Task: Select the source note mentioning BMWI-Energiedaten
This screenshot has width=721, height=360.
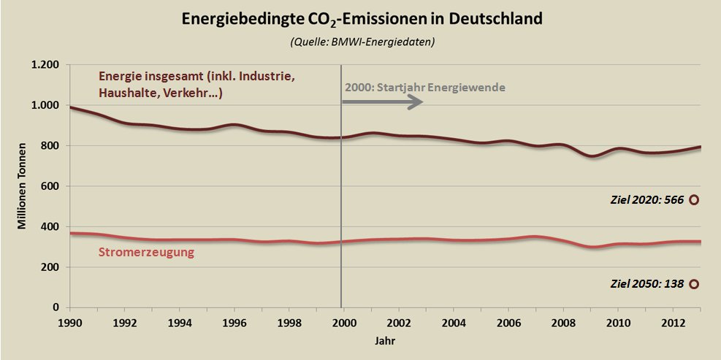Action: (362, 42)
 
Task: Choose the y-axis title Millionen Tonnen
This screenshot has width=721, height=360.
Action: (23, 186)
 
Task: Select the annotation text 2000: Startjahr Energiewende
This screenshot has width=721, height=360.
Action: (424, 88)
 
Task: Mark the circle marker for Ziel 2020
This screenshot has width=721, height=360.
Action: (693, 199)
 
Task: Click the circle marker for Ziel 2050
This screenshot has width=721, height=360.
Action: (693, 285)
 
